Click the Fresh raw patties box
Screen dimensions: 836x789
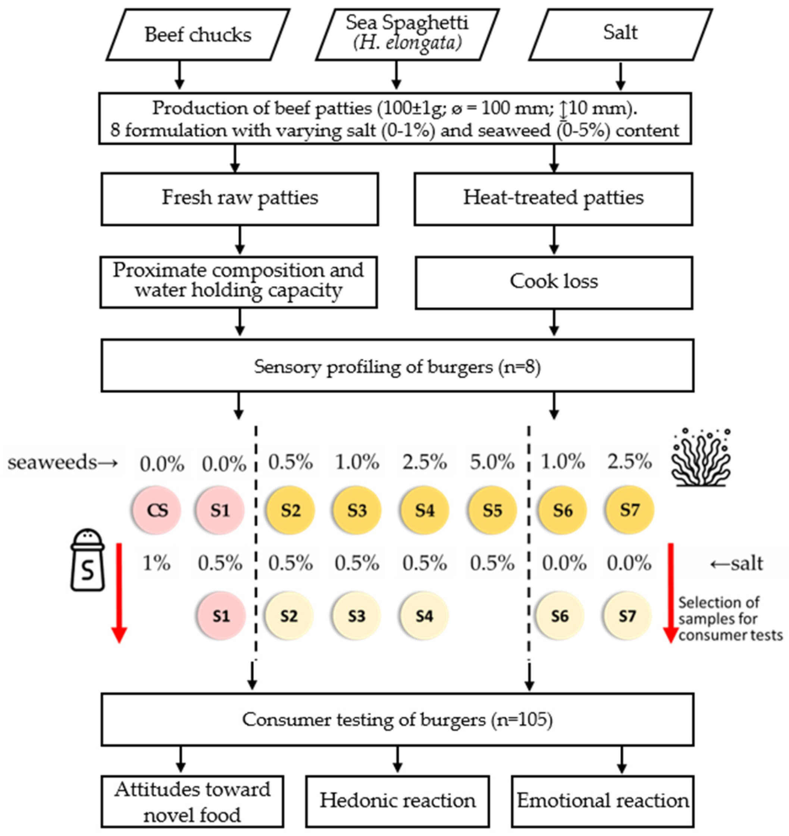(x=240, y=199)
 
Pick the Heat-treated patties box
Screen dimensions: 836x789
(x=553, y=199)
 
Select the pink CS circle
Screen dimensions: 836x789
(x=157, y=510)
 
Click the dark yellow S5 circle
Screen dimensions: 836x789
(x=492, y=510)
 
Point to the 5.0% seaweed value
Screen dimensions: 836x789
(x=492, y=462)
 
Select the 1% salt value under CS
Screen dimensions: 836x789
(x=156, y=563)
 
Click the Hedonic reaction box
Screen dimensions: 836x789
(x=397, y=801)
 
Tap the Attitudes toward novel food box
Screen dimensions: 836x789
(x=192, y=801)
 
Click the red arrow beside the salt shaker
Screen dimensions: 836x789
(x=119, y=593)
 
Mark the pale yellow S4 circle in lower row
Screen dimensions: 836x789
(x=425, y=617)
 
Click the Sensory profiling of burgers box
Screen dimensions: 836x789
(x=397, y=366)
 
